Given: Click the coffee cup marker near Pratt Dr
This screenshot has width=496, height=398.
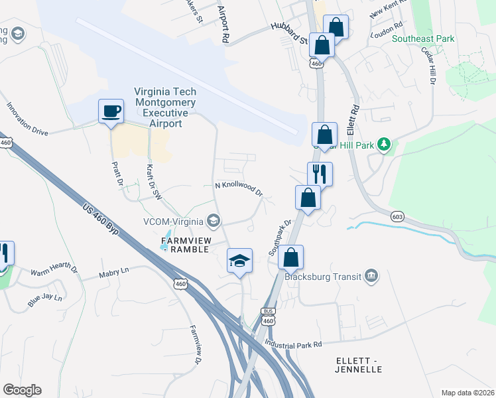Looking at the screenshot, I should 111,110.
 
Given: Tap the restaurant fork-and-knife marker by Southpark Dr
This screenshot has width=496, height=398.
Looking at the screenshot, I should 320,174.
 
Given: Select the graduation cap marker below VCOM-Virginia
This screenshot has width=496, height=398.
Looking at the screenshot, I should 239,260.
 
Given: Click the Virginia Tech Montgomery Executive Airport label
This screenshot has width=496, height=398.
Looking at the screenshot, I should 165,107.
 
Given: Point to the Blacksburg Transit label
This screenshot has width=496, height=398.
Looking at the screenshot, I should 322,277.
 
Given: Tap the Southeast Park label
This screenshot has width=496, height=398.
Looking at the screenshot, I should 423,38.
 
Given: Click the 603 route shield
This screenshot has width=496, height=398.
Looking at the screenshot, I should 397,216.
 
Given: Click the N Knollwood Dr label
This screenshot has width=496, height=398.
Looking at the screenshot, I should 239,189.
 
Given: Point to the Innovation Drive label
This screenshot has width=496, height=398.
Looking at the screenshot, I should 27,119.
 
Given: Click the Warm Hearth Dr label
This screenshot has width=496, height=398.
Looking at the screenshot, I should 54,271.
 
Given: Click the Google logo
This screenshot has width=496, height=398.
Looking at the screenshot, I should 22,389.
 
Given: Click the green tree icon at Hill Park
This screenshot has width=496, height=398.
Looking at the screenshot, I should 383,144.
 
